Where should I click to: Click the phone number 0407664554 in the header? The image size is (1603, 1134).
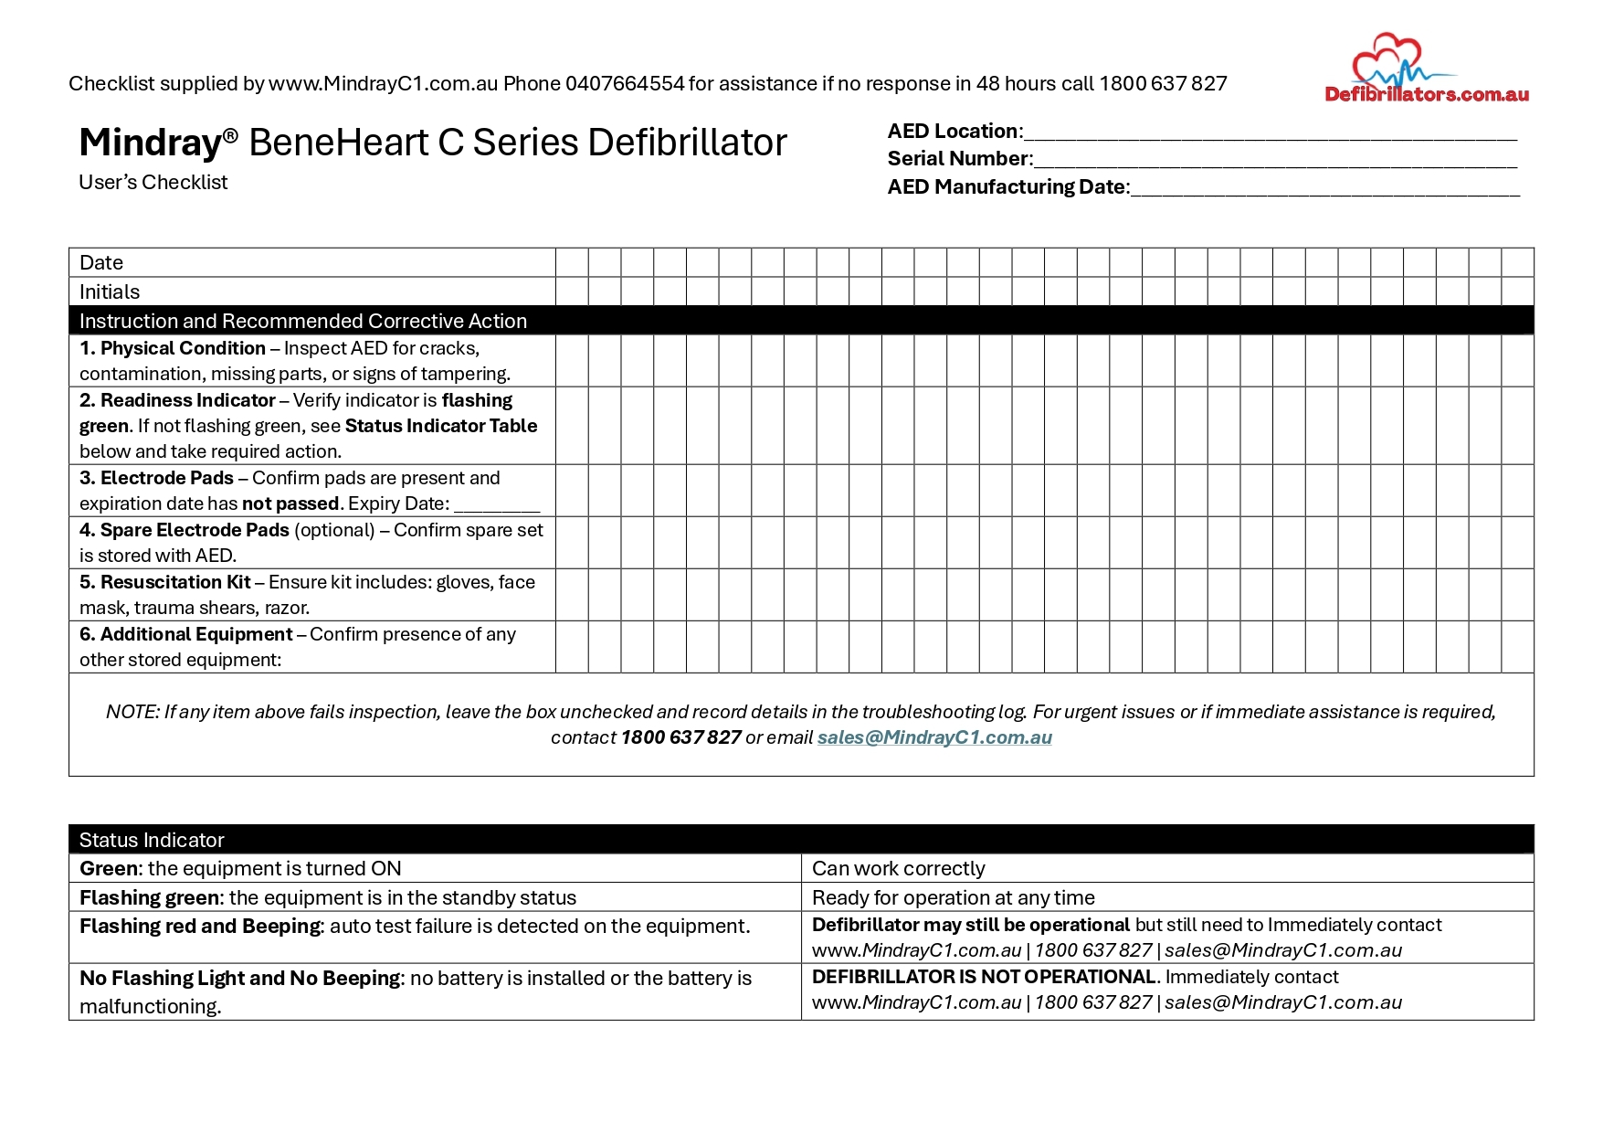click(624, 84)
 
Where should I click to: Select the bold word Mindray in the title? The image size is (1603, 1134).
click(151, 143)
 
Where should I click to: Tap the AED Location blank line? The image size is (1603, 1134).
click(1270, 133)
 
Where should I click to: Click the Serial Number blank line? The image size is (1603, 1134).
click(1274, 161)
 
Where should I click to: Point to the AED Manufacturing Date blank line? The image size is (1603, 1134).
click(1324, 189)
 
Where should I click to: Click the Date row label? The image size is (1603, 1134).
click(101, 263)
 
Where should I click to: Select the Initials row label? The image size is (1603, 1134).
click(110, 292)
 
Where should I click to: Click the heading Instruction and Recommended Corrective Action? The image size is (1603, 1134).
click(302, 322)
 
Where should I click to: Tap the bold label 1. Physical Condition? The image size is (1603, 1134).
click(173, 349)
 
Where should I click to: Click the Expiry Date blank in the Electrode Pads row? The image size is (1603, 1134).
click(497, 505)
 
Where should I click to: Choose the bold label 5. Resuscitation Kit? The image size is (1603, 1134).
click(165, 583)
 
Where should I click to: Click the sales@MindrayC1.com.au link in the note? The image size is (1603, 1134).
click(934, 738)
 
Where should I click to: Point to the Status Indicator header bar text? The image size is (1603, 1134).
click(152, 841)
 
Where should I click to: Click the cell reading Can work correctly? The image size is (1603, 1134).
click(899, 869)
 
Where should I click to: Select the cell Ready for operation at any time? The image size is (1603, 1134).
click(953, 898)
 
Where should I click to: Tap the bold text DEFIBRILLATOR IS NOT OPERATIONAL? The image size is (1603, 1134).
click(984, 978)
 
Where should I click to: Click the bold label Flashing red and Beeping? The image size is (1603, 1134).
click(200, 927)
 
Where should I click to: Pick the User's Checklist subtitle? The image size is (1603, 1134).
click(153, 183)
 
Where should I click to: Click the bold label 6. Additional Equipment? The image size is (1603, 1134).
click(186, 635)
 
